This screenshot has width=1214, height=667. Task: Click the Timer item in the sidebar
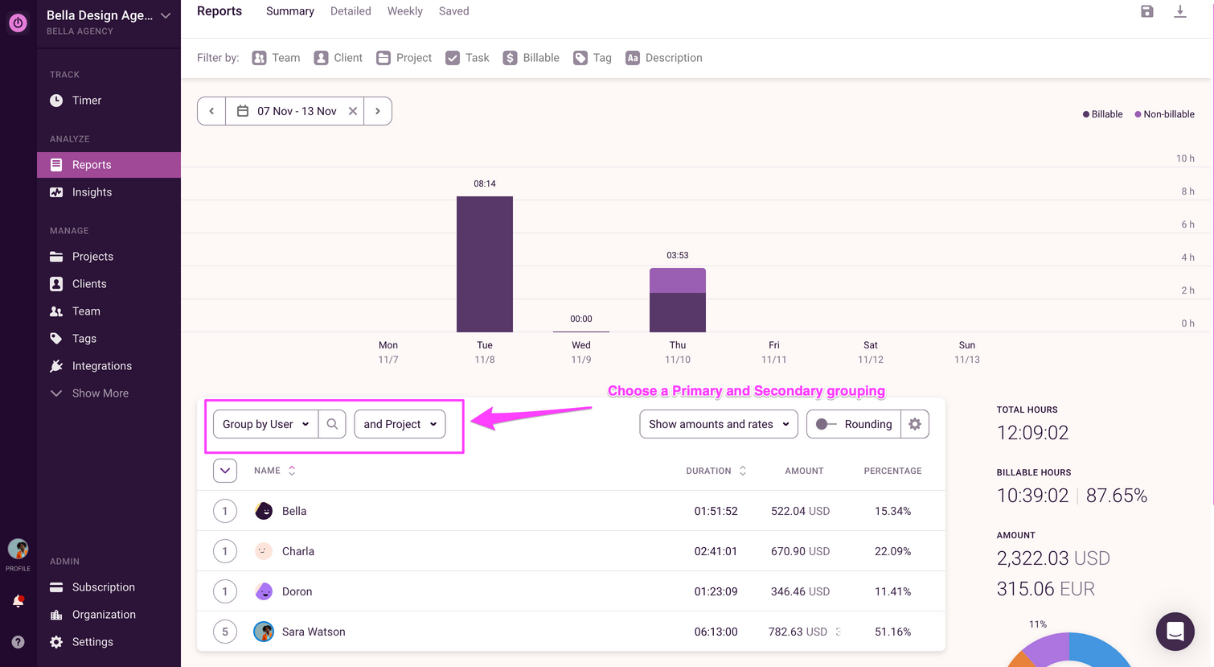tap(86, 101)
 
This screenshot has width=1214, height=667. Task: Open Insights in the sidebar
tap(92, 192)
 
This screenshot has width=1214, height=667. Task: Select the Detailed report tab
tap(351, 11)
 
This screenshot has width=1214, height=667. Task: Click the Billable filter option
tap(531, 58)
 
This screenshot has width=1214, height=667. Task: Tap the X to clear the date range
tap(353, 111)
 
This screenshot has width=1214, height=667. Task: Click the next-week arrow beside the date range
tap(378, 111)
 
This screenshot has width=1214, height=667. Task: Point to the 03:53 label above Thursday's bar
tap(678, 255)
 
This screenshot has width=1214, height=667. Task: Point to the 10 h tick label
tap(1185, 159)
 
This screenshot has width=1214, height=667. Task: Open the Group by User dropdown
tap(265, 424)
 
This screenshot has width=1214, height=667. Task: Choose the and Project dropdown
tap(400, 424)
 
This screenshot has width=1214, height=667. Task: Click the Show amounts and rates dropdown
tap(719, 424)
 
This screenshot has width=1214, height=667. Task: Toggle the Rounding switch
tap(826, 424)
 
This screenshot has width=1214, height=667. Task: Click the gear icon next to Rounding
tap(915, 424)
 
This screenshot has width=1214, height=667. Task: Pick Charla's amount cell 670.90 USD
tap(800, 551)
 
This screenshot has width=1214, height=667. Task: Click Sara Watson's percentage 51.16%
tap(892, 632)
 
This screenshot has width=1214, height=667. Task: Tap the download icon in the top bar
tap(1180, 11)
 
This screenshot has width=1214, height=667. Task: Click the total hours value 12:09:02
tap(1032, 433)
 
